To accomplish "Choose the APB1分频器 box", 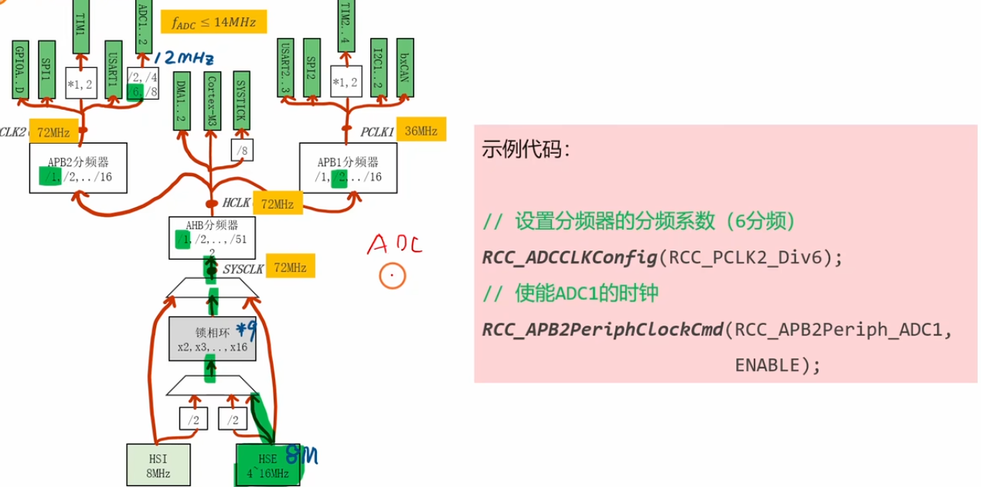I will pos(348,169).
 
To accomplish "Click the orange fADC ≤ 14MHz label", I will pos(214,22).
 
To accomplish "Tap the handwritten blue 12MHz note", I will pos(183,59).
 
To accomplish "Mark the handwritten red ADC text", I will pos(394,245).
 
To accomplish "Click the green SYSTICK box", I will pos(240,100).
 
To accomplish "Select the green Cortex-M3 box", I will pos(213,100).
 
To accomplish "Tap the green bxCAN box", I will pos(404,68).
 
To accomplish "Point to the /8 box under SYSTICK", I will pos(241,150).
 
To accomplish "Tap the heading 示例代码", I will pos(526,149).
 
